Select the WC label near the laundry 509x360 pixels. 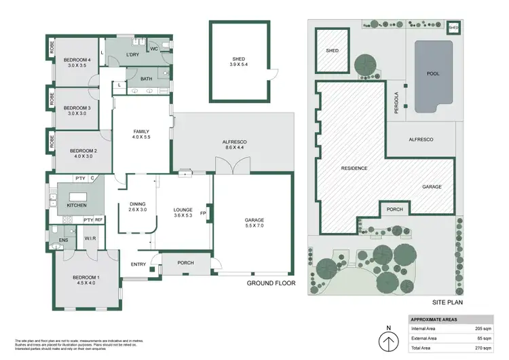(x=155, y=49)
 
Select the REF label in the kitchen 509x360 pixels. (x=98, y=219)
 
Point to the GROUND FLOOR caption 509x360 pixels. (x=271, y=283)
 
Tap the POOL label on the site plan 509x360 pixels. (x=432, y=73)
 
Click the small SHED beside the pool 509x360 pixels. (x=453, y=28)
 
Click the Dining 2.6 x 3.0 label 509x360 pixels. (x=137, y=206)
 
